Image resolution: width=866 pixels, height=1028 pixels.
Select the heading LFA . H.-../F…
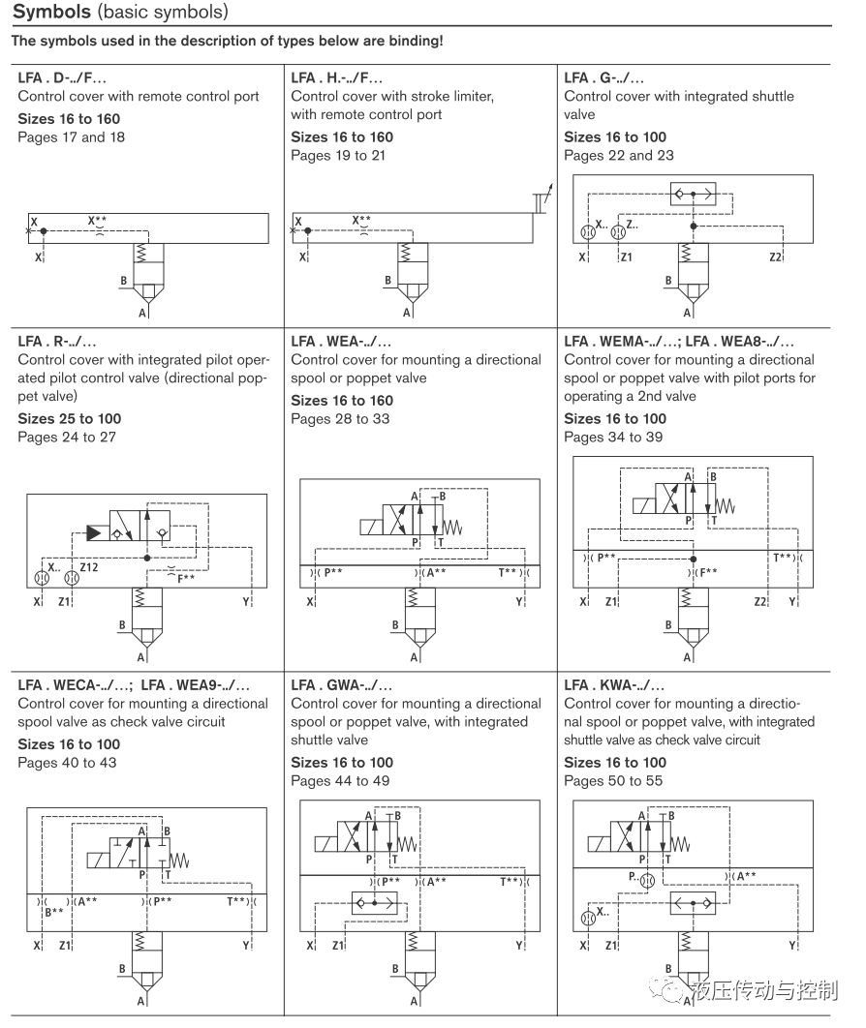tap(337, 77)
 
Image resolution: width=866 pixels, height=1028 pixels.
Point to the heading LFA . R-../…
tap(57, 341)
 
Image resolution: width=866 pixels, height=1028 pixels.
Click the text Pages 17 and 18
tap(72, 137)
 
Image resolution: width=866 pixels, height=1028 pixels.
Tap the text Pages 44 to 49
tap(340, 781)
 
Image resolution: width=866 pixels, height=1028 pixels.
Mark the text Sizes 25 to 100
tap(69, 419)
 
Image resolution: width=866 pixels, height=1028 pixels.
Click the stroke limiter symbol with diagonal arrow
tap(542, 198)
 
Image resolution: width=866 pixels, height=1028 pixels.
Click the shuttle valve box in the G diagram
tap(694, 195)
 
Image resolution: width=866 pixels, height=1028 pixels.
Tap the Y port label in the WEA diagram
tap(520, 602)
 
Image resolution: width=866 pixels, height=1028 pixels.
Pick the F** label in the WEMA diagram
tap(708, 572)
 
